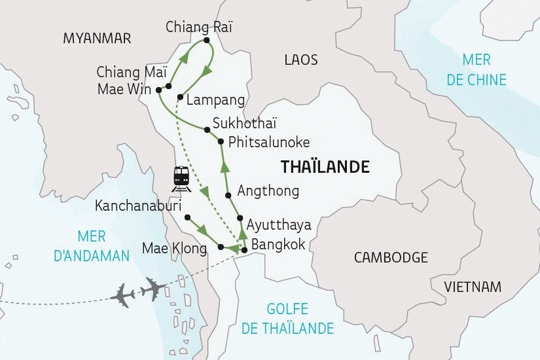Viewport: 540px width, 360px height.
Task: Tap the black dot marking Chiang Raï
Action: (206, 41)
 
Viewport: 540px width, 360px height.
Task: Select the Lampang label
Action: (215, 100)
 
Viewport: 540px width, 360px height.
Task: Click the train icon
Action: (181, 177)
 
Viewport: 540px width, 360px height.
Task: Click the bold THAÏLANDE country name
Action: (325, 167)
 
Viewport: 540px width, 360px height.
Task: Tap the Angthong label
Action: (268, 191)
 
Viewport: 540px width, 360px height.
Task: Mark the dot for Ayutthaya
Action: (240, 219)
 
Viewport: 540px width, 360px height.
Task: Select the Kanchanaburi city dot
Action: (187, 217)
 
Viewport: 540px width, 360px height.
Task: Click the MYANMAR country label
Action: (97, 39)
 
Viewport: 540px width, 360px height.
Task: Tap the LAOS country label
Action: (301, 60)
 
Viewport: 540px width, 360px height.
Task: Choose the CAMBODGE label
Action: (390, 257)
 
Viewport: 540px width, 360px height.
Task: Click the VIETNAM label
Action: (472, 287)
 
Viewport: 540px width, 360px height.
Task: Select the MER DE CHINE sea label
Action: (484, 70)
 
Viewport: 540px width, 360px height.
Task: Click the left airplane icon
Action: (124, 295)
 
